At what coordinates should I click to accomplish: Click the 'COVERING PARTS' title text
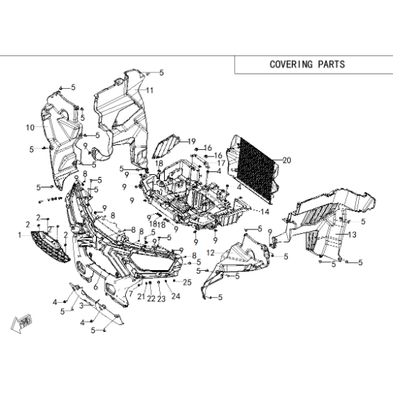point(307,64)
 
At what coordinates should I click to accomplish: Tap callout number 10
point(30,128)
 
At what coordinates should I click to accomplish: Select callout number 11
point(150,90)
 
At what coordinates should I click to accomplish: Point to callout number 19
point(191,141)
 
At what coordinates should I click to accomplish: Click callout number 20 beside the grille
point(286,160)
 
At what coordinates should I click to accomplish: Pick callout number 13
point(352,235)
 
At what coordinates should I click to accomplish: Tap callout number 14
point(265,212)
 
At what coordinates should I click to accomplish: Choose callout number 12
point(210,253)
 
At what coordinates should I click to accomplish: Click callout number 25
point(187,282)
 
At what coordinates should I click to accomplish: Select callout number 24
point(176,296)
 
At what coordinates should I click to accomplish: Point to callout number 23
point(161,298)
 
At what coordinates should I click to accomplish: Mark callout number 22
point(151,298)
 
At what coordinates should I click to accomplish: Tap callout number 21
point(141,296)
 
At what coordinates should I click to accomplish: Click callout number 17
point(221,163)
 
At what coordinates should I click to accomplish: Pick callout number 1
point(20,235)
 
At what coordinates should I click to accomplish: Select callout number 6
point(95,286)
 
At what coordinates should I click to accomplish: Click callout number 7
point(131,294)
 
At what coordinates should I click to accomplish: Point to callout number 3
point(82,306)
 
